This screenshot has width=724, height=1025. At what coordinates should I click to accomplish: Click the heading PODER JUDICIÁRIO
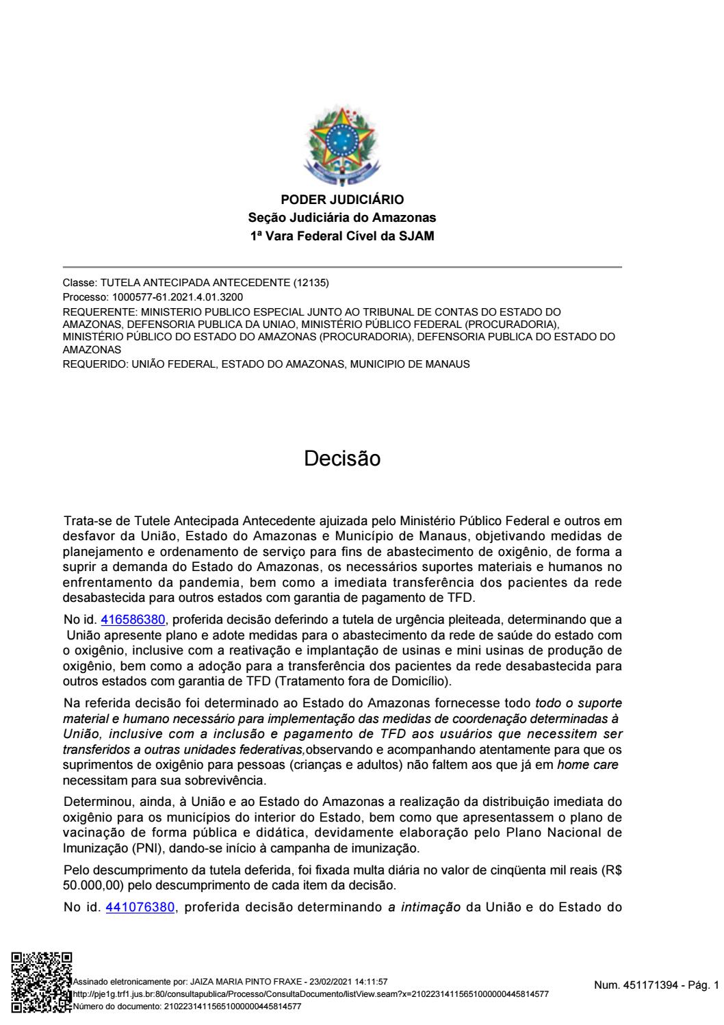tap(342, 200)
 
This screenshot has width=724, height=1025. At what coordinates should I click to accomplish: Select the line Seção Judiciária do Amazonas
tap(342, 218)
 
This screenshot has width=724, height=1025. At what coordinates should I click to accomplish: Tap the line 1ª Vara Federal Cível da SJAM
tap(342, 236)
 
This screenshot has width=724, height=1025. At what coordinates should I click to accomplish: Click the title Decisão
tap(342, 459)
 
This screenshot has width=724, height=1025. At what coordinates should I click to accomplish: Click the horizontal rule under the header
tap(342, 266)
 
